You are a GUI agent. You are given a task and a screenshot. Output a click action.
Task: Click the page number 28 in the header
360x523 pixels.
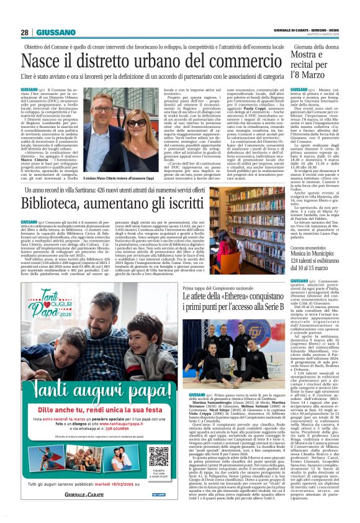24,32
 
